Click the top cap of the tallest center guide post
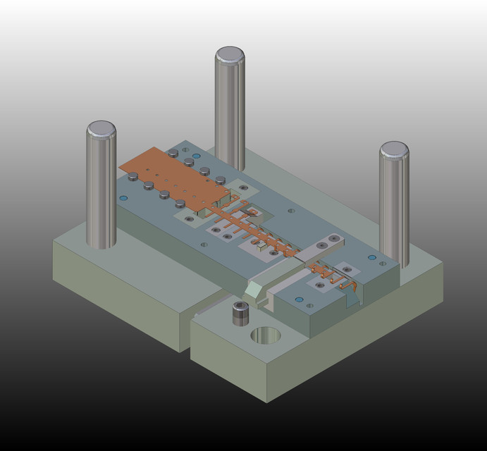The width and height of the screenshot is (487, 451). click(230, 55)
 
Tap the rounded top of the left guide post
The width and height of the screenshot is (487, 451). click(101, 130)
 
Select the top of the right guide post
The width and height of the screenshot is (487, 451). click(393, 149)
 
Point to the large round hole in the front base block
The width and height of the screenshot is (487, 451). click(265, 335)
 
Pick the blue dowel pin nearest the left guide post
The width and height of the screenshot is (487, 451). click(124, 199)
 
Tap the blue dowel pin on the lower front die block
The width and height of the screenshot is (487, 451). click(299, 300)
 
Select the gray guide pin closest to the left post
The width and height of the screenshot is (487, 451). click(132, 176)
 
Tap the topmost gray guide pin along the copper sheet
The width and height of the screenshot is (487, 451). click(173, 152)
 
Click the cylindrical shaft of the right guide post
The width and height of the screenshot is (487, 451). click(394, 211)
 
